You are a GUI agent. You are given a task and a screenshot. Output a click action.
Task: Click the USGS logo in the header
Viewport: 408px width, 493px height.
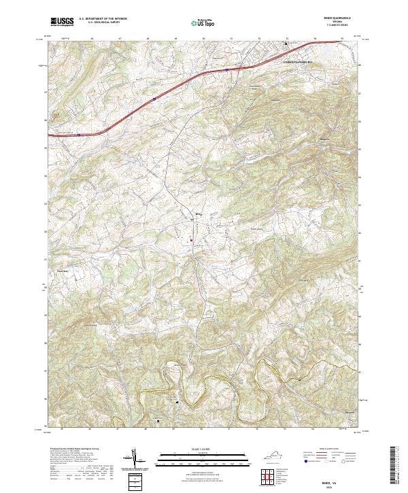coord(63,22)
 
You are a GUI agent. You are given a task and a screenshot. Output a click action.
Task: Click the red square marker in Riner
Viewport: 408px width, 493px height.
coord(192,239)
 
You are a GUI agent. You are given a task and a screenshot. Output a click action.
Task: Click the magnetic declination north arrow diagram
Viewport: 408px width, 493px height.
coord(135,458)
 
